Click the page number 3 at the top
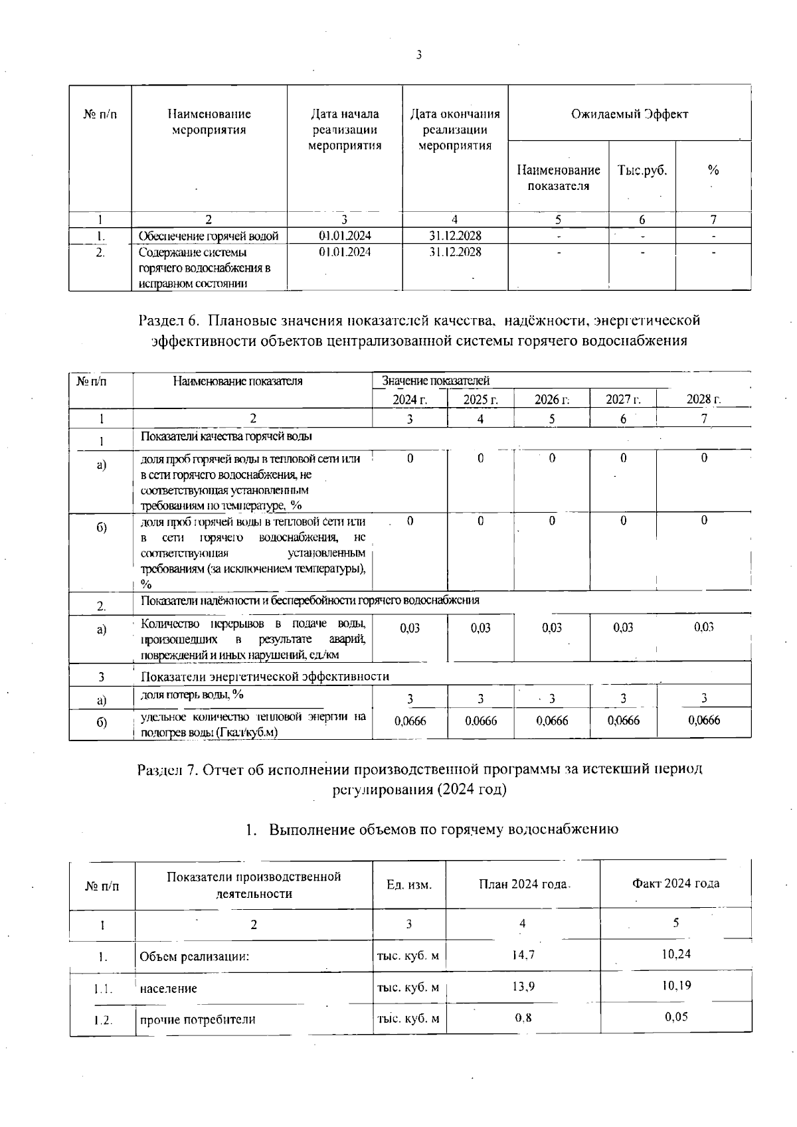click(418, 55)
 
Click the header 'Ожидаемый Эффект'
click(630, 114)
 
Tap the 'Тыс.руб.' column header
click(642, 170)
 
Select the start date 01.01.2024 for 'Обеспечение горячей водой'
click(345, 236)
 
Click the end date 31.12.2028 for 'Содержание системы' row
click(455, 252)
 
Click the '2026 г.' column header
click(552, 400)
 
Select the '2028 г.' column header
click(703, 400)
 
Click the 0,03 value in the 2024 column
click(410, 628)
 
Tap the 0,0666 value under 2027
click(623, 721)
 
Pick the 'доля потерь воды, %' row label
click(192, 695)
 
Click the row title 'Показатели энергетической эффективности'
click(265, 677)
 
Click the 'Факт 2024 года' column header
click(675, 884)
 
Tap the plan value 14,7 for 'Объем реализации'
click(523, 955)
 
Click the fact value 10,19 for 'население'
click(676, 986)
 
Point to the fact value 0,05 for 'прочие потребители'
click(676, 1017)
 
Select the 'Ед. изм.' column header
click(409, 885)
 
